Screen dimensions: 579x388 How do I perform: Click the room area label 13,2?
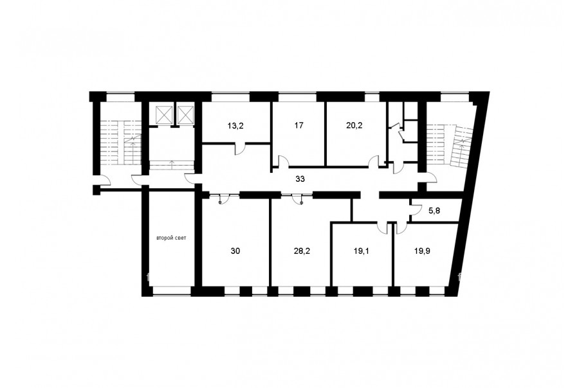click(x=235, y=126)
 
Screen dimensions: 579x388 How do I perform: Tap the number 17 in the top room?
click(x=299, y=125)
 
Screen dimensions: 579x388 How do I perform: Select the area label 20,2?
click(x=354, y=125)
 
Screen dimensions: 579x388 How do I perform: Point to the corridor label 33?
click(x=300, y=179)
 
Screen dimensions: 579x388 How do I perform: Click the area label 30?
click(x=235, y=251)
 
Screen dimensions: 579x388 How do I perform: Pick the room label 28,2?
click(x=302, y=251)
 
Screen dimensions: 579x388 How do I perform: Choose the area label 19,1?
click(x=361, y=251)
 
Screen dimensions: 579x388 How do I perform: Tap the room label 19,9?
click(x=422, y=251)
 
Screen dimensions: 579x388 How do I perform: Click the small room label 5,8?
click(x=434, y=211)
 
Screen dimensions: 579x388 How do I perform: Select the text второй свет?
click(x=171, y=238)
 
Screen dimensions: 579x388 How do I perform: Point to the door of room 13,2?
click(x=240, y=148)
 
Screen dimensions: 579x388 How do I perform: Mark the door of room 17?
click(x=284, y=161)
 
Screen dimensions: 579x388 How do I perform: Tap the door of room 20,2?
click(x=374, y=161)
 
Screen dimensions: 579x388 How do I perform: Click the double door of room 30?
click(x=220, y=198)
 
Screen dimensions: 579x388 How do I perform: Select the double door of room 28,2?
click(x=297, y=198)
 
